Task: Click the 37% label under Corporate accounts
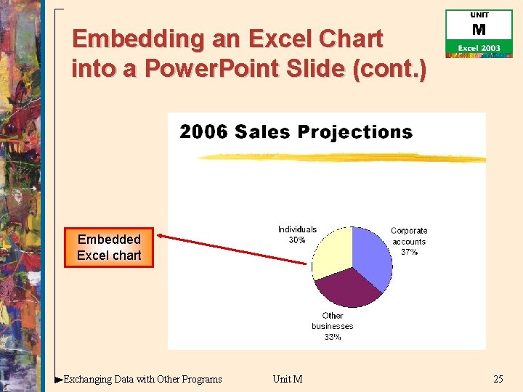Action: pos(410,253)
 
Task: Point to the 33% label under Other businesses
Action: pos(332,337)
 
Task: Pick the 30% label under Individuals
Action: pos(297,240)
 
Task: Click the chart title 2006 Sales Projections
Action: pos(296,132)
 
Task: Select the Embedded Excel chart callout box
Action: pos(109,248)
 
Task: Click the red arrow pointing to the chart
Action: pos(232,249)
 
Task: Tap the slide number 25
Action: pos(498,379)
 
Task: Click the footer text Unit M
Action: pos(288,379)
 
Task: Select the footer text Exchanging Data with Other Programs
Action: pos(143,379)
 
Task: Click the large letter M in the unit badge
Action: pos(479,30)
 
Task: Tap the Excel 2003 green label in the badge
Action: pos(479,48)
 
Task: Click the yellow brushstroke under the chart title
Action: pos(341,158)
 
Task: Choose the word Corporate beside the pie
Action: pos(409,231)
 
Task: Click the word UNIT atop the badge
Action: pos(479,15)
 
